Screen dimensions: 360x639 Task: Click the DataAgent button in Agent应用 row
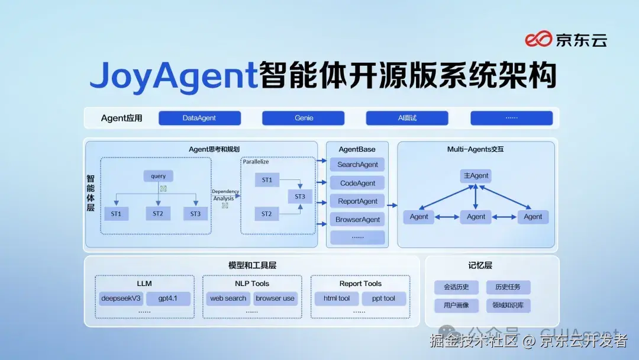(x=199, y=118)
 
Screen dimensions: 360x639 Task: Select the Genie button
(x=304, y=118)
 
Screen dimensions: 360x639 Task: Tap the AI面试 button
(x=407, y=118)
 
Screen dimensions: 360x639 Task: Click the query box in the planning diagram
(x=159, y=176)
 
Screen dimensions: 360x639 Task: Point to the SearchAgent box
(x=357, y=165)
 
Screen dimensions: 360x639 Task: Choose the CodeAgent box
(x=357, y=183)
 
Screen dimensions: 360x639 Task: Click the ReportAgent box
(x=357, y=201)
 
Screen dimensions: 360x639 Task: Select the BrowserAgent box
(x=357, y=220)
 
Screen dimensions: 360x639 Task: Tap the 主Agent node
(x=476, y=176)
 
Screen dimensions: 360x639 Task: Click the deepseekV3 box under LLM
(x=121, y=298)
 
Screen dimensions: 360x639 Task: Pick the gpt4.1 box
(x=169, y=298)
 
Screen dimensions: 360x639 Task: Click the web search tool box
(x=228, y=298)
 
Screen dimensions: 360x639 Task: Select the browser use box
(x=275, y=298)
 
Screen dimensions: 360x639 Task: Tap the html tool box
(x=337, y=298)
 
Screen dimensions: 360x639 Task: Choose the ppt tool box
(x=383, y=298)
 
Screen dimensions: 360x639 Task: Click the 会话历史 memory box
(x=456, y=287)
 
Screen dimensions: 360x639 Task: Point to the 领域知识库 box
(x=508, y=306)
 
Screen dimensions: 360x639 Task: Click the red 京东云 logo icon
(x=538, y=40)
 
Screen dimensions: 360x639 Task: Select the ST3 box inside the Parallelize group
(x=300, y=197)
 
